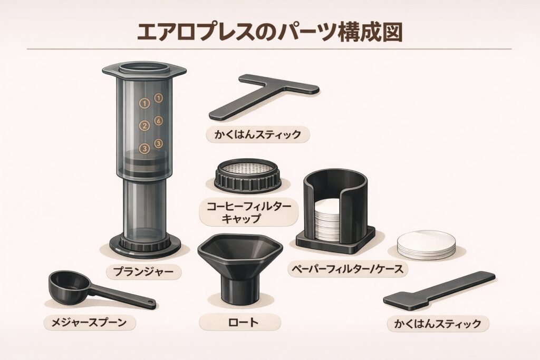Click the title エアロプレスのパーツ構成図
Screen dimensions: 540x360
(x=269, y=33)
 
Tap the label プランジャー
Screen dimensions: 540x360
(x=143, y=271)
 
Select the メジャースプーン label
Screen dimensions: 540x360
(x=89, y=323)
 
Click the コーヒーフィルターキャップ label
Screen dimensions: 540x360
(x=249, y=212)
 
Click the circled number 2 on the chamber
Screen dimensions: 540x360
(x=144, y=125)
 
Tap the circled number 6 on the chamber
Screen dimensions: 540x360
(x=158, y=121)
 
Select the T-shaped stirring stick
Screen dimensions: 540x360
(x=264, y=96)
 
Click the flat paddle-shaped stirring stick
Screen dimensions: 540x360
(x=439, y=290)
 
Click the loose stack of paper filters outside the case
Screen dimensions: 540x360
(x=426, y=245)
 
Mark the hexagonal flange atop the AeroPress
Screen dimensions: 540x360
(x=144, y=71)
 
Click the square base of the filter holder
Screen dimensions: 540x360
(x=336, y=239)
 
